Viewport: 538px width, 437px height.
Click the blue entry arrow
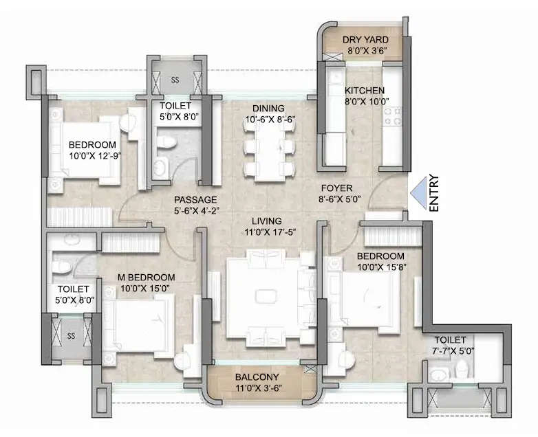tap(417, 194)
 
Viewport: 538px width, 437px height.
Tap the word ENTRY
tap(434, 194)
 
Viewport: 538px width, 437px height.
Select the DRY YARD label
tap(365, 38)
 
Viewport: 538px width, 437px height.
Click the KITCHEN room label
tap(365, 91)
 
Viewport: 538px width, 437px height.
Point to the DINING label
tap(264, 109)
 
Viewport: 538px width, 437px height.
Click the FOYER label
tap(336, 188)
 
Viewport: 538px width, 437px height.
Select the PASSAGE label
tap(195, 199)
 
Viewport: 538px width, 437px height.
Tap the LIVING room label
tap(267, 221)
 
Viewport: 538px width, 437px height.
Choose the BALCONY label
tap(257, 377)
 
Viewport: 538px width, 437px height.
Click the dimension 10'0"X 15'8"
tap(376, 267)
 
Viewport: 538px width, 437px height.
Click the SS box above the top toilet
tap(175, 79)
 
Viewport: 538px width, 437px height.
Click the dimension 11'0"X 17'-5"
tap(267, 232)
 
